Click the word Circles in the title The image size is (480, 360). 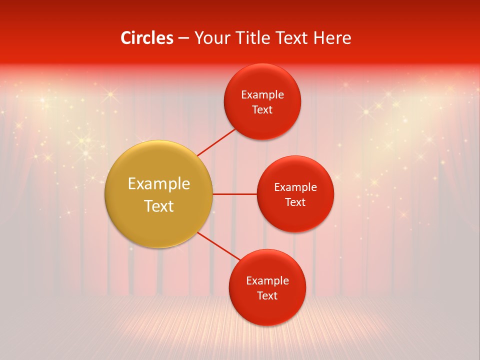[x=146, y=38]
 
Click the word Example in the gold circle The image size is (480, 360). [x=159, y=184]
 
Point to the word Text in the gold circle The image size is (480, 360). [x=159, y=206]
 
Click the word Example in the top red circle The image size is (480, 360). [x=262, y=95]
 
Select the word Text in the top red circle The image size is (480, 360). [x=262, y=109]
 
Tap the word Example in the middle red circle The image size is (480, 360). [x=295, y=187]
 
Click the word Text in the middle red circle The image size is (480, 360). [x=295, y=202]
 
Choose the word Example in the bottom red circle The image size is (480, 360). [x=267, y=281]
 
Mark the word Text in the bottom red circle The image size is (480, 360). [x=267, y=295]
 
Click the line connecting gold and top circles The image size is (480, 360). [x=216, y=142]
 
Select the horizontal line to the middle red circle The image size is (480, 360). [x=234, y=194]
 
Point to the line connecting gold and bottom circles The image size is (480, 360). [x=219, y=246]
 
